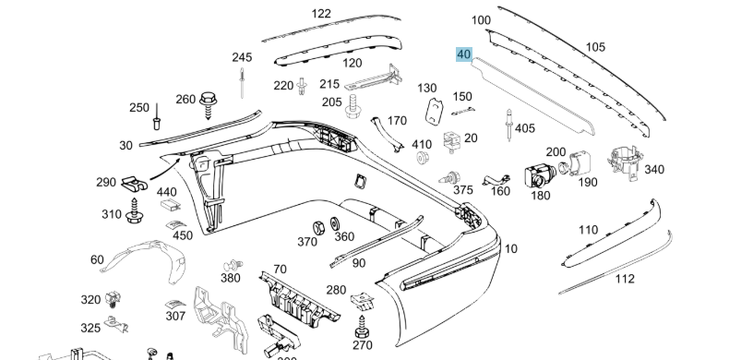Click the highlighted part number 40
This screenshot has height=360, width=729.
click(x=464, y=54)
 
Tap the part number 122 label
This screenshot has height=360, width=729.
click(x=321, y=14)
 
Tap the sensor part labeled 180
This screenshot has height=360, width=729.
click(x=537, y=174)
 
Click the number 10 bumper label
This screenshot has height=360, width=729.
click(x=511, y=248)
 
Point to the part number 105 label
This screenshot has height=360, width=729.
click(x=595, y=47)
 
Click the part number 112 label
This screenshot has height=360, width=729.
click(x=625, y=278)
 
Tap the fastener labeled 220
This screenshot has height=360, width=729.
click(x=302, y=87)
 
